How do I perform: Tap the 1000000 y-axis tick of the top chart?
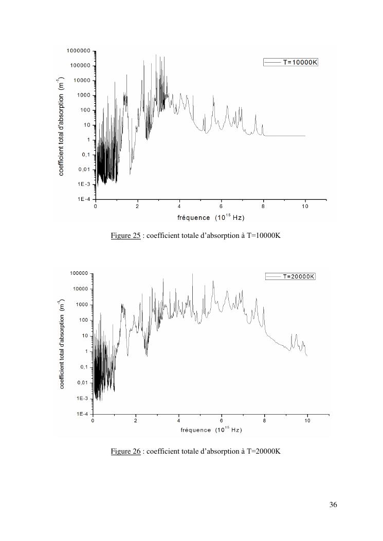click(x=78, y=51)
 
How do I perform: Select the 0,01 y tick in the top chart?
click(x=84, y=170)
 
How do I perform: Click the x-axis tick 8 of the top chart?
click(x=263, y=206)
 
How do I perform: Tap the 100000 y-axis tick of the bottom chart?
click(x=79, y=273)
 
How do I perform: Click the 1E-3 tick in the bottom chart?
click(x=83, y=398)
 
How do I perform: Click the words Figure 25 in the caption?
click(x=126, y=236)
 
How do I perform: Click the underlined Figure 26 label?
click(x=126, y=451)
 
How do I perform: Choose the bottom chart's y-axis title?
click(x=61, y=344)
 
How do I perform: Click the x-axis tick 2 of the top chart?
click(x=137, y=206)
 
